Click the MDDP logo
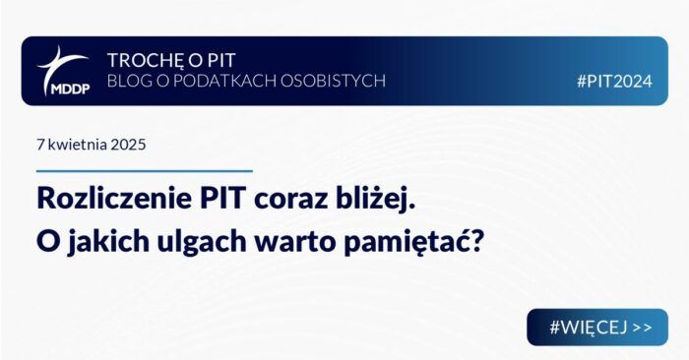click(64, 71)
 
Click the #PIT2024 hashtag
click(615, 82)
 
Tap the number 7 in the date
click(40, 145)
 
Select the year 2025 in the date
click(128, 145)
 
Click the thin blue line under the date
click(145, 171)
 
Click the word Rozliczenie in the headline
click(114, 199)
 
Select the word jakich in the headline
click(108, 241)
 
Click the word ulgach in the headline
click(202, 242)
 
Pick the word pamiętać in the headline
click(400, 242)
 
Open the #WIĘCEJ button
click(597, 328)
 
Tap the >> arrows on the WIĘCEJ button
click(643, 328)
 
